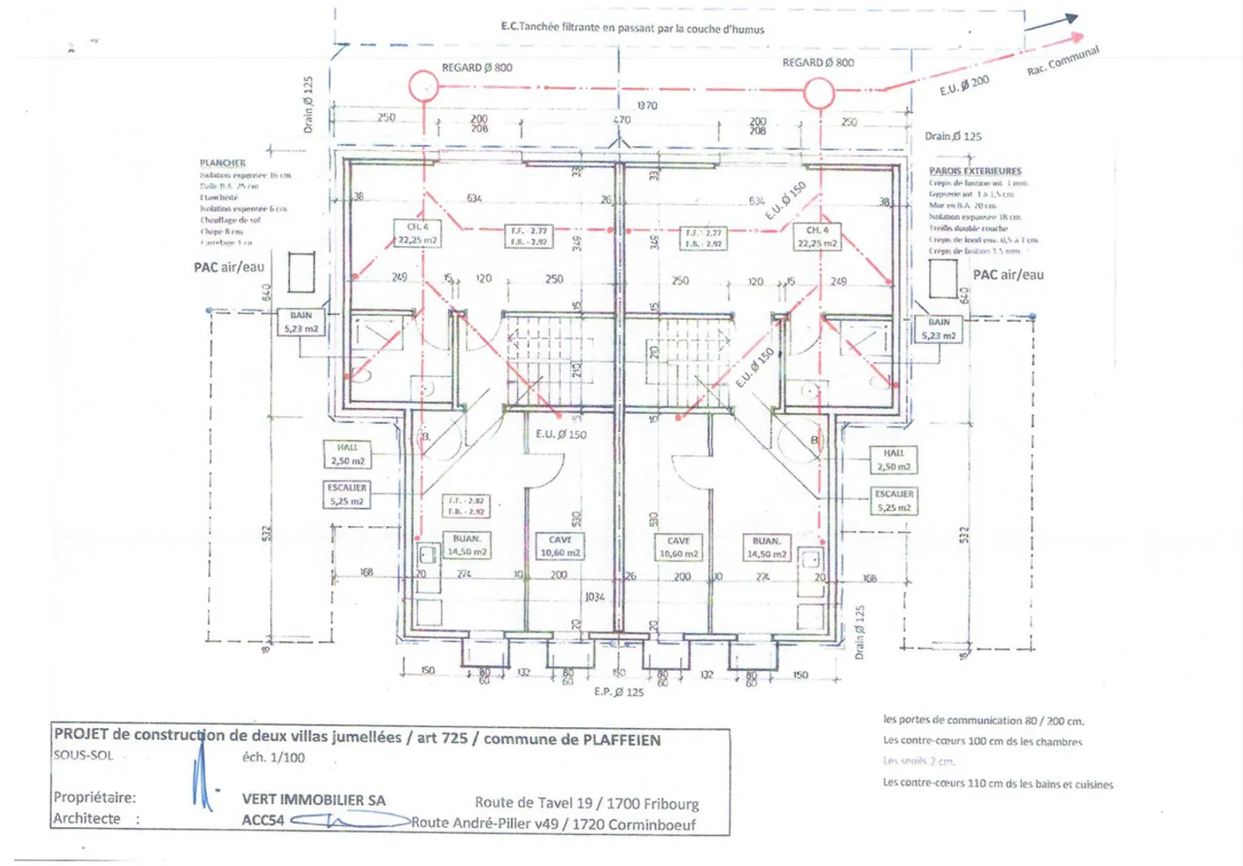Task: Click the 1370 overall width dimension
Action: pos(647,105)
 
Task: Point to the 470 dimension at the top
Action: pos(621,120)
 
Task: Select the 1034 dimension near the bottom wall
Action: pos(595,597)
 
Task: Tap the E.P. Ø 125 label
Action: pos(619,692)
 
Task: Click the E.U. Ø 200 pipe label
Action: pos(964,85)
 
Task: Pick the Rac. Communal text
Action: pos(1063,60)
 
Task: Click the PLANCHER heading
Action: pos(223,162)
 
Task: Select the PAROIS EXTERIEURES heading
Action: pos(975,171)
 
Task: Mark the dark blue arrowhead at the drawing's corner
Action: pos(1070,18)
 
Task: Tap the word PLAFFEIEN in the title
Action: pos(621,740)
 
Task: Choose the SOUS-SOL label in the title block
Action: pos(83,756)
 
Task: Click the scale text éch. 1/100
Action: pos(273,757)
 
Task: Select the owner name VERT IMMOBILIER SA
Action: pos(313,800)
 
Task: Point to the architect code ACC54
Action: pos(262,820)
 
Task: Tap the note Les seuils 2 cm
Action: pos(918,761)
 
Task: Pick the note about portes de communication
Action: pos(983,720)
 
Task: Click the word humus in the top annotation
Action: pos(748,29)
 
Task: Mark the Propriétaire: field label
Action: pos(95,797)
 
